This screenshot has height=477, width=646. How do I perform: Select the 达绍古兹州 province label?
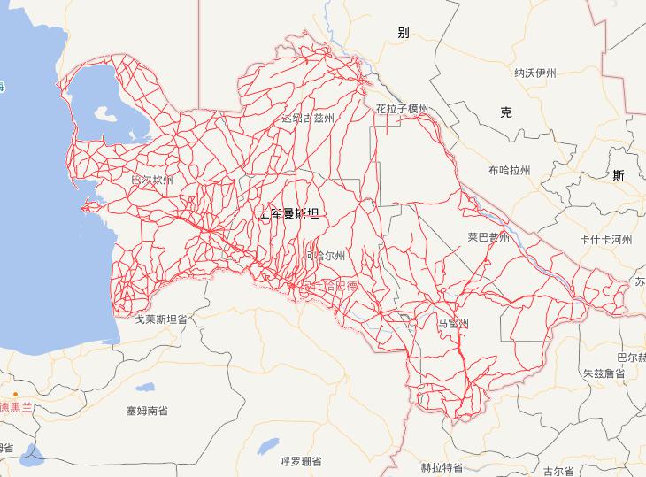click(308, 118)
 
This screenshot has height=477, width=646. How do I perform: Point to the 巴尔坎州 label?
click(152, 180)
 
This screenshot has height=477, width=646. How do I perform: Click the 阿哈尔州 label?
click(326, 255)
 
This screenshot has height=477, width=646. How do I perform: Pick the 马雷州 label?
click(452, 323)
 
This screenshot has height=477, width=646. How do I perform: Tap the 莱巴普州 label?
click(489, 237)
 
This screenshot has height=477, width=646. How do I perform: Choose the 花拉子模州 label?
click(402, 109)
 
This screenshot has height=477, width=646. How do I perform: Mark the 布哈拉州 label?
click(508, 170)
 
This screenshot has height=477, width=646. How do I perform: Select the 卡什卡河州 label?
click(605, 240)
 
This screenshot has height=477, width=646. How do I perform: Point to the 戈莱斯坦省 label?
click(160, 318)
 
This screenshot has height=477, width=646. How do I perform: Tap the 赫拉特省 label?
click(442, 467)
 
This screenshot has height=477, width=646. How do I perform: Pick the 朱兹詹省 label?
click(604, 373)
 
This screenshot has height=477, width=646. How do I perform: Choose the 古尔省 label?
click(558, 470)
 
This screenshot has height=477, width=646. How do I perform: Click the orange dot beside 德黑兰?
click(16, 394)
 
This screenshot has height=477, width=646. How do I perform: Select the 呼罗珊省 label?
click(300, 461)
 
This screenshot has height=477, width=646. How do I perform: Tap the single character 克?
click(505, 112)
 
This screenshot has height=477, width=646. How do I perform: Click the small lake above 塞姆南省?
click(143, 387)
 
